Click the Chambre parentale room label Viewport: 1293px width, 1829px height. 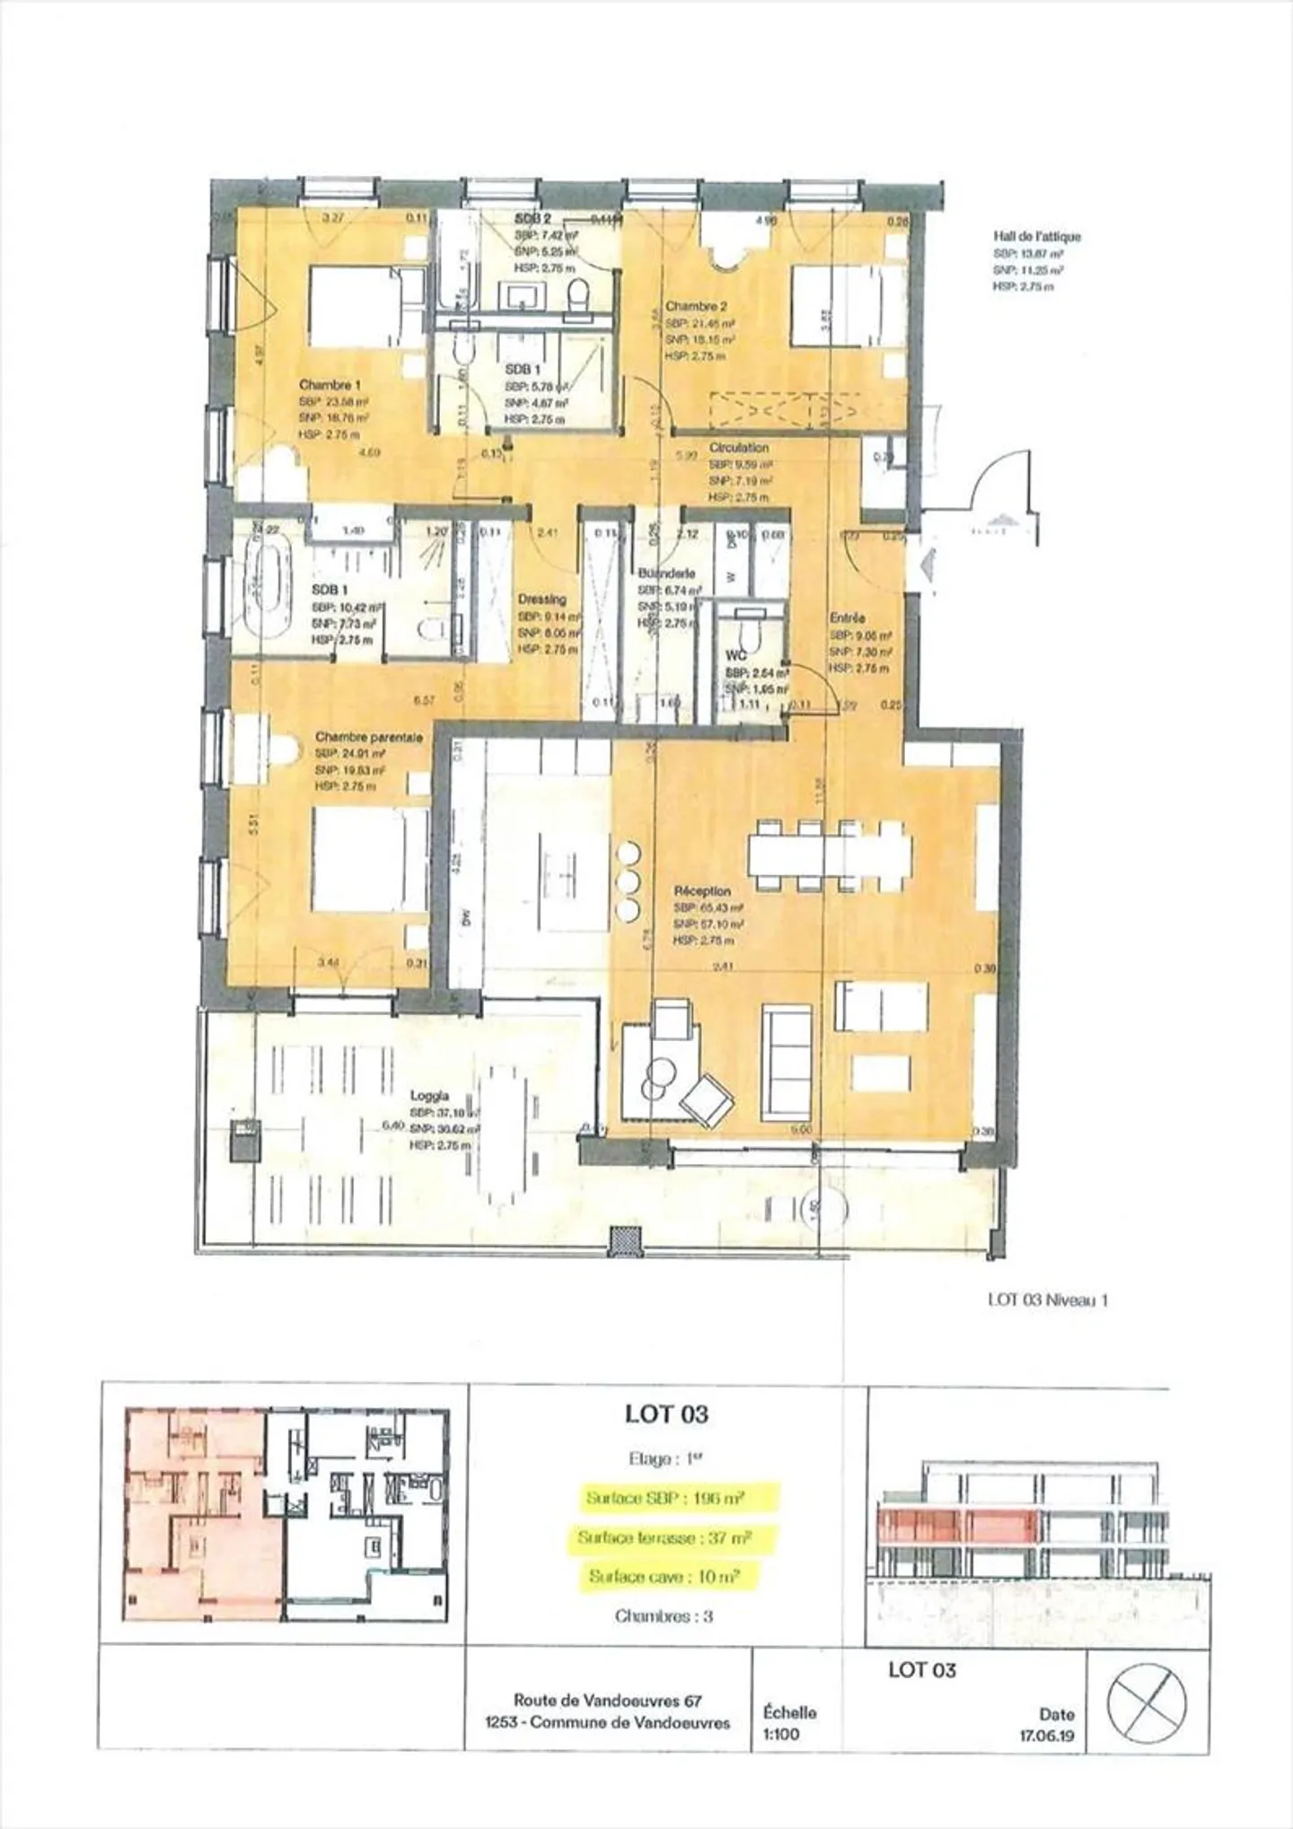368,737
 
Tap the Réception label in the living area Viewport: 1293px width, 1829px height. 702,891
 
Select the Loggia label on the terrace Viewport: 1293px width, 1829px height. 429,1096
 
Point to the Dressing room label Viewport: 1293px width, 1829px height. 541,599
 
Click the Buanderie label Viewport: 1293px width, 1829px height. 665,573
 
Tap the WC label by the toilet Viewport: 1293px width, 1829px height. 735,656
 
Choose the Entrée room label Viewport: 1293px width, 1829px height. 847,618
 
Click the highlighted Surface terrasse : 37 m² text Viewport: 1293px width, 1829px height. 664,1538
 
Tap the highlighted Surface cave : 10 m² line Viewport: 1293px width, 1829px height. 664,1577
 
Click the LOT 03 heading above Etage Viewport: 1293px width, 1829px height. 666,1414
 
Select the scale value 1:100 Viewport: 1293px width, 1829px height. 780,1734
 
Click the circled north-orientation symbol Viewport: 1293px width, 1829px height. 1146,1702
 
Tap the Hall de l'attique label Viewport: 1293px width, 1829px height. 1036,237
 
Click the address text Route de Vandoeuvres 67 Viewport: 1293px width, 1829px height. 607,1700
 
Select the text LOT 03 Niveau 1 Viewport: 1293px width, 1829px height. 1047,1300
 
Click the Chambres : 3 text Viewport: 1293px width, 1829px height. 664,1616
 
